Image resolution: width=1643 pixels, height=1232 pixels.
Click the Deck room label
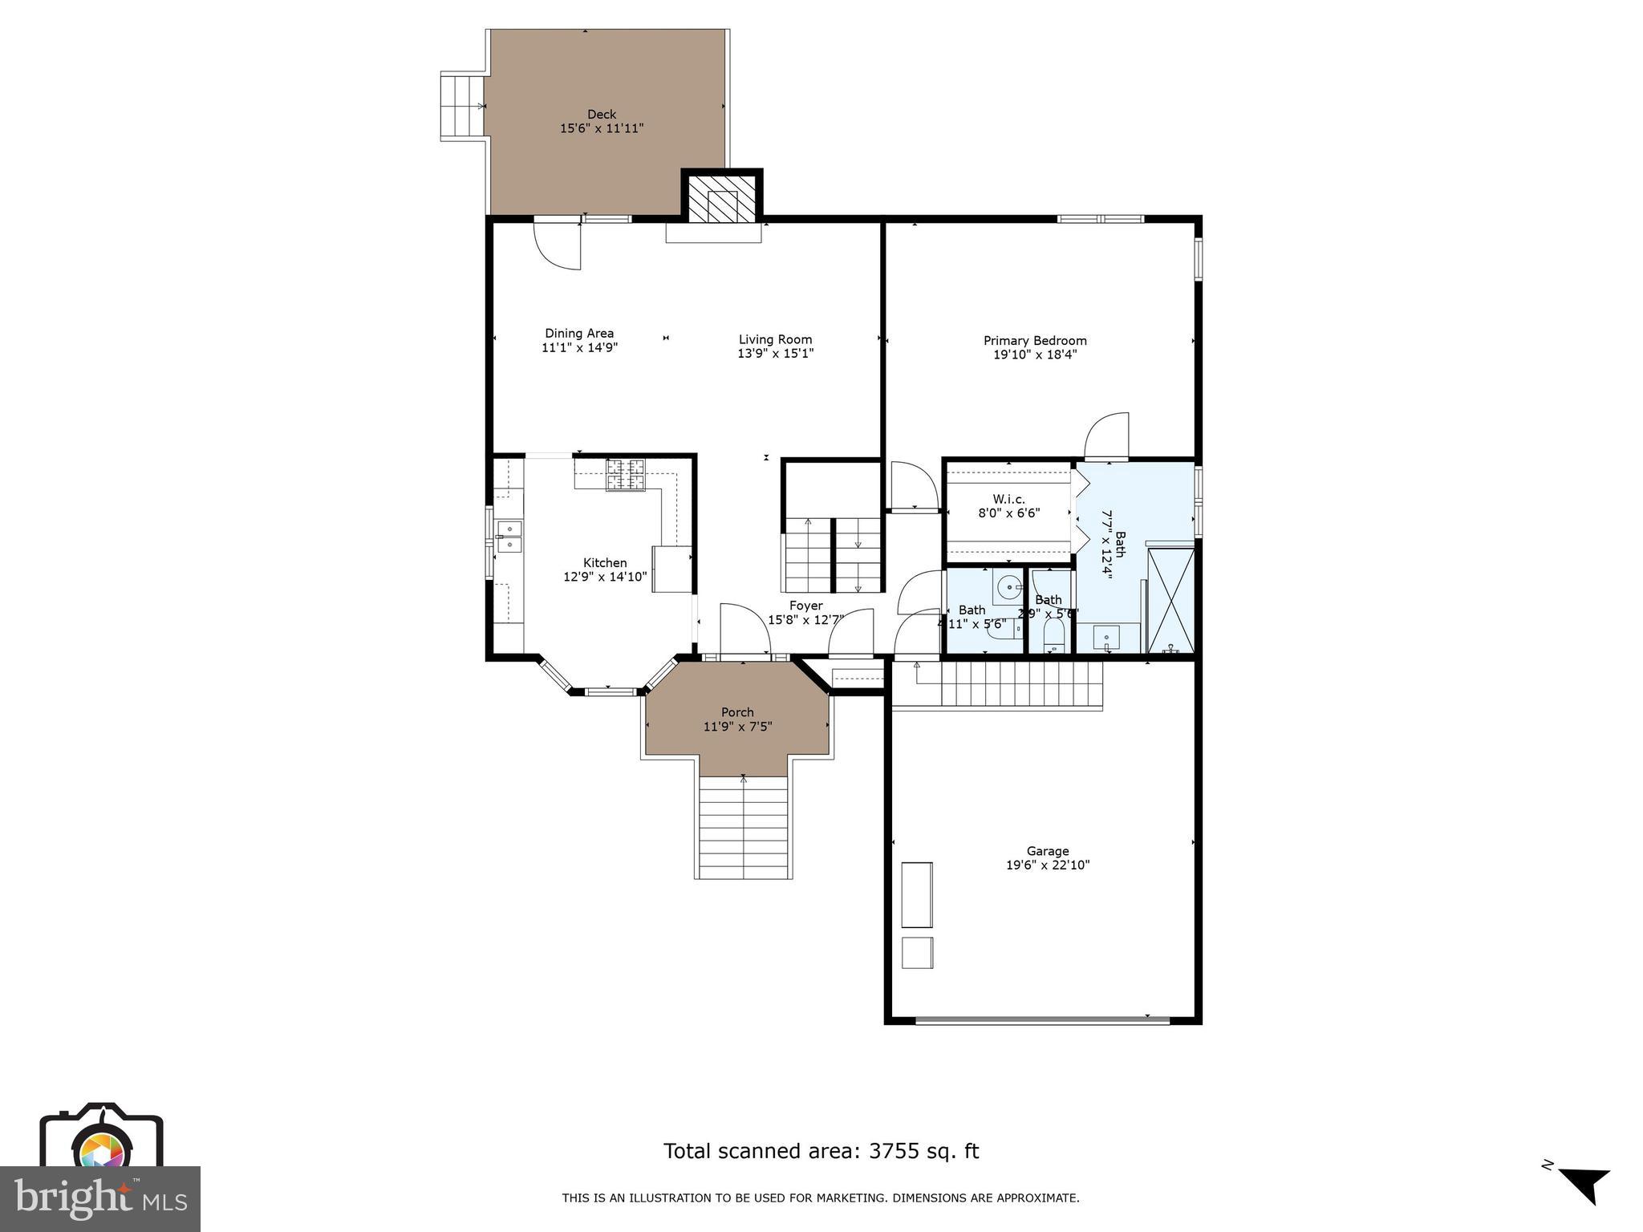click(x=602, y=115)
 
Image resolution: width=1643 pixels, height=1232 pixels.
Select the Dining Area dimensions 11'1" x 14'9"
click(x=579, y=347)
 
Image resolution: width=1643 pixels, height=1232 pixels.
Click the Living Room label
click(x=775, y=339)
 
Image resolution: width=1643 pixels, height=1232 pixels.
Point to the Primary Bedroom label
click(x=1035, y=340)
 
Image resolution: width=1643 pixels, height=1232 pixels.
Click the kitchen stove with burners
click(x=625, y=474)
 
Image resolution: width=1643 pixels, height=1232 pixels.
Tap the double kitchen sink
click(x=509, y=537)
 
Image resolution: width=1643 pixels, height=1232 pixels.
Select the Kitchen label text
click(x=605, y=563)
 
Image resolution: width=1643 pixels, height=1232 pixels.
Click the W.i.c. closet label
click(x=1008, y=499)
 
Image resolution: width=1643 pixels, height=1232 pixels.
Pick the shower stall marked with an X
click(x=1171, y=600)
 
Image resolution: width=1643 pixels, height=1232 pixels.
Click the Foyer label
click(x=805, y=606)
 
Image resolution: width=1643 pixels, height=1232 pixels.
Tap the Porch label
click(x=737, y=712)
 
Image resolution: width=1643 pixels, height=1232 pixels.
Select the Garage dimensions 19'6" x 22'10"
click(x=1048, y=865)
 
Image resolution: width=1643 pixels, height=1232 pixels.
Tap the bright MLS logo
click(x=100, y=1198)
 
